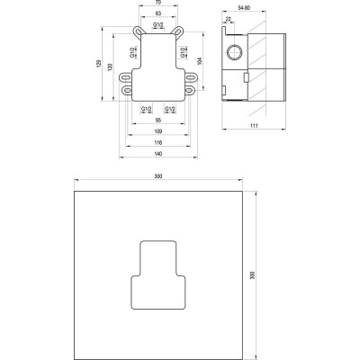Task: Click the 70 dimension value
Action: (157, 4)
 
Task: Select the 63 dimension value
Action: (157, 14)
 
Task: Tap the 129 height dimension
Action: (99, 67)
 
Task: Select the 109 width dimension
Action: (157, 132)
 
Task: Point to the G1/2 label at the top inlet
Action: (157, 27)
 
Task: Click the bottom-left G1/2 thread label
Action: (147, 110)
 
